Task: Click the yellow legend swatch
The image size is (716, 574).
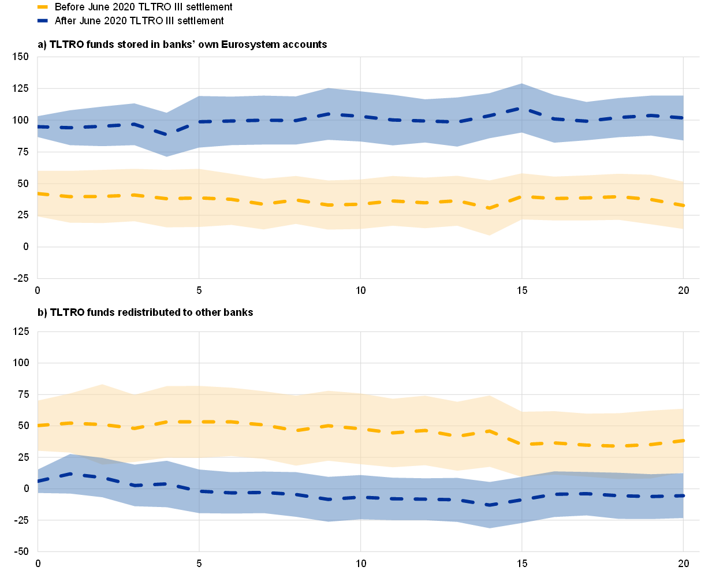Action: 42,7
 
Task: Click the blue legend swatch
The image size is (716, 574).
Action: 42,20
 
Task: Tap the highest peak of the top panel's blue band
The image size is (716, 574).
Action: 521,84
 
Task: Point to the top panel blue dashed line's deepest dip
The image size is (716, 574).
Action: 166,135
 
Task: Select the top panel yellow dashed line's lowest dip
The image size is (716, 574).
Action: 489,208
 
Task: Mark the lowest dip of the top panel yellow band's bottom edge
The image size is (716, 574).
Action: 489,235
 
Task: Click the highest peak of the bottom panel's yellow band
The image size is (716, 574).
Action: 102,384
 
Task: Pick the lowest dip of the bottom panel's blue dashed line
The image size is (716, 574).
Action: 489,505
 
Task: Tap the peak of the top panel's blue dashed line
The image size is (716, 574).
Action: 521,109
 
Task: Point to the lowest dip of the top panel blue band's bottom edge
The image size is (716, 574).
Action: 166,156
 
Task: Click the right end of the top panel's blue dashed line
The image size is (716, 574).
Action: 683,118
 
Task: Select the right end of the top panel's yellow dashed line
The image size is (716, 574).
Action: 683,206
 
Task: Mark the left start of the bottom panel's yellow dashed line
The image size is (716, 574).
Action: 38,426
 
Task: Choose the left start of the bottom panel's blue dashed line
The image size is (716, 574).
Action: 38,481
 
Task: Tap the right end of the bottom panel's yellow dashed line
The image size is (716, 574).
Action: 683,441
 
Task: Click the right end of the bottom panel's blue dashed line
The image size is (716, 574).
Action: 683,495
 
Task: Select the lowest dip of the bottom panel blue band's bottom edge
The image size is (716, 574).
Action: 489,528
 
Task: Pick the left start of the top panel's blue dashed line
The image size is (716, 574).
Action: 38,126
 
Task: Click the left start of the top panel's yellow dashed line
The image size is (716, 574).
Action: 38,193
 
